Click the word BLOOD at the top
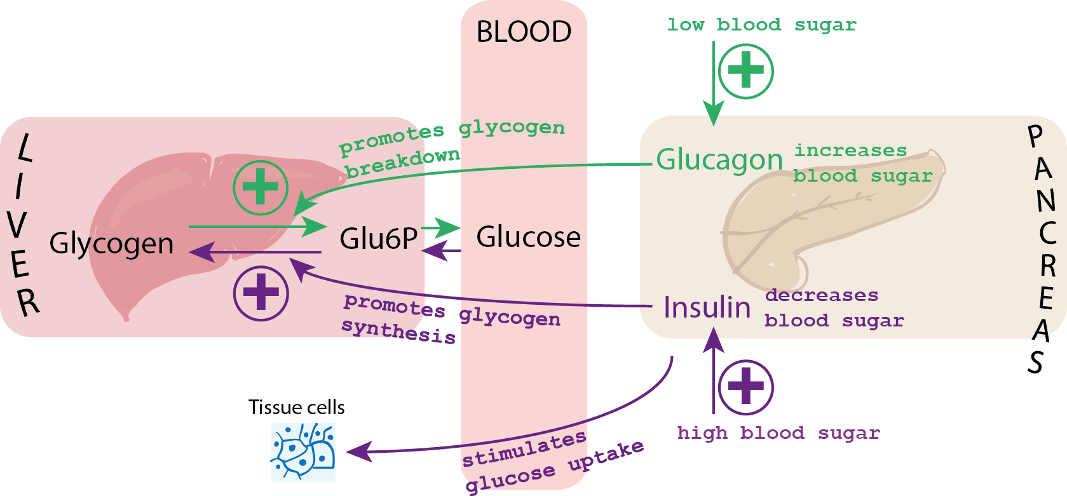click(524, 32)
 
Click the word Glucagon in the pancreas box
click(719, 159)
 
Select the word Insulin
click(707, 307)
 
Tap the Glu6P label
click(378, 239)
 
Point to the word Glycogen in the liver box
click(111, 243)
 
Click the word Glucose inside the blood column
click(528, 237)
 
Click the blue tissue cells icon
click(303, 452)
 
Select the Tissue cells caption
click(296, 407)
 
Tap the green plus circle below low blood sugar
click(745, 70)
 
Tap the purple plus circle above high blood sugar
click(745, 387)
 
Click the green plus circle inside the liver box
click(261, 187)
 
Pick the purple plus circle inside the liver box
click(261, 293)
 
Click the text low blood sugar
click(761, 25)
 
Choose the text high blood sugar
click(778, 433)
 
